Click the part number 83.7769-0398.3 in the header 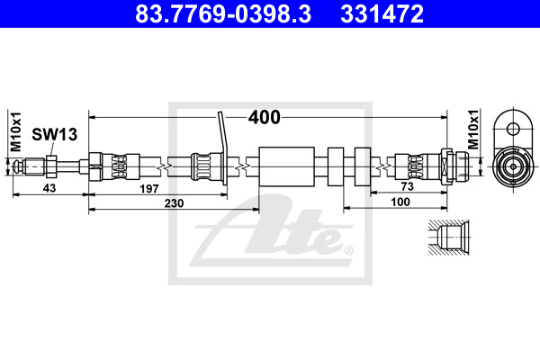223,13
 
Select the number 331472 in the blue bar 382,13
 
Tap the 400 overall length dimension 265,118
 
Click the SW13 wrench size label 54,134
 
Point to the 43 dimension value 49,188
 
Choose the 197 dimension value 149,189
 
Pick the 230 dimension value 174,203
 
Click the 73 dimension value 407,186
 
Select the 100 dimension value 400,202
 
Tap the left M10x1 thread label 16,131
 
